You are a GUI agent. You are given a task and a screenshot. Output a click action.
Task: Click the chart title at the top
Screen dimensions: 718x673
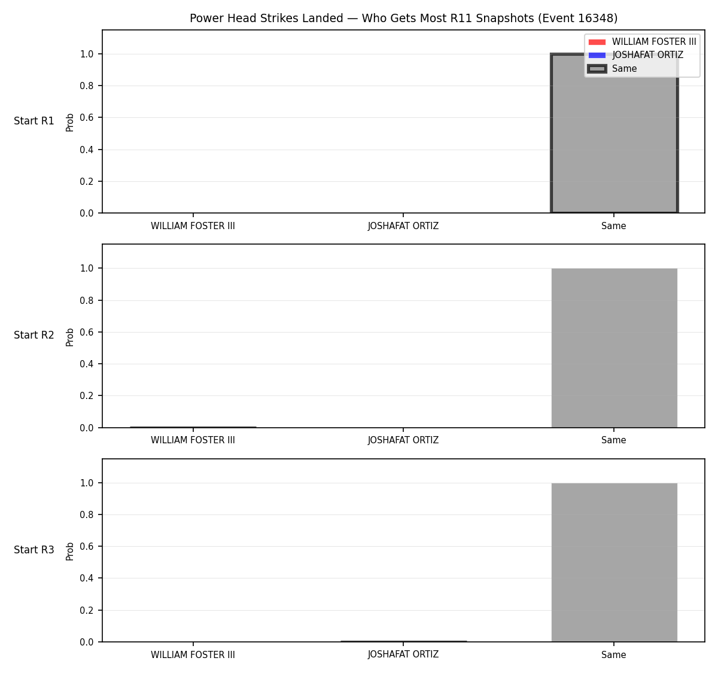coord(403,18)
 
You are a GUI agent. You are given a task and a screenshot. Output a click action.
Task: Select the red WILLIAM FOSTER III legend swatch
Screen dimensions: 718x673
coord(597,42)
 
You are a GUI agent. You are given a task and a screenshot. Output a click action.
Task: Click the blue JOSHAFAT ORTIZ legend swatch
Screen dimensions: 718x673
coord(597,55)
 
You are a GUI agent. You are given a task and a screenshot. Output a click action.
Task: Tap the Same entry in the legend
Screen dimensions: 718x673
coord(624,69)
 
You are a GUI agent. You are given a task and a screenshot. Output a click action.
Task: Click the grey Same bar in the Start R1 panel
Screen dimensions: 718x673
coord(614,133)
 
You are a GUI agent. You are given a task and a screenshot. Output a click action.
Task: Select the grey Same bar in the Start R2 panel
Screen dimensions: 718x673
coord(614,348)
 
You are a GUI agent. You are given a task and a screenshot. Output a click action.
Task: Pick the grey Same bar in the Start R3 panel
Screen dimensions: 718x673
coord(614,562)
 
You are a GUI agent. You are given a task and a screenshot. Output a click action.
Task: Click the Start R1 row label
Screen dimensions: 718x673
coord(34,121)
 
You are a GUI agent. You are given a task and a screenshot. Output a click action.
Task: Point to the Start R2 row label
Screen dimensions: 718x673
coord(34,335)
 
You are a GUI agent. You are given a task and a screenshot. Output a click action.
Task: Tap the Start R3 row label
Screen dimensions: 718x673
coord(34,550)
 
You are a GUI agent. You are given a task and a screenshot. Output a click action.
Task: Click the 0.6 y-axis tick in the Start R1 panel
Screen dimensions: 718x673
coord(86,117)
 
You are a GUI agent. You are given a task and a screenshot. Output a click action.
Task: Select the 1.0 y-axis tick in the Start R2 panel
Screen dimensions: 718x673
coord(86,269)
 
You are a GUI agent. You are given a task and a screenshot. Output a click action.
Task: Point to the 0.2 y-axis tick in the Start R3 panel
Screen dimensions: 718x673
coord(86,610)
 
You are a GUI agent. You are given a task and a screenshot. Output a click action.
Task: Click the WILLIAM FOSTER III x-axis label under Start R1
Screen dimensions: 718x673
coord(193,226)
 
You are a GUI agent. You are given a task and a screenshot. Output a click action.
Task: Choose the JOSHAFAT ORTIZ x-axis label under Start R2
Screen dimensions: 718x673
coord(403,440)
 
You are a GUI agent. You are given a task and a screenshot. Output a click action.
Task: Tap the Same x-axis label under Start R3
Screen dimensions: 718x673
coord(613,654)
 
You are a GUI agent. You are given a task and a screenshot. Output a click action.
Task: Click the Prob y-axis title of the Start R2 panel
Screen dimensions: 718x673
coord(70,337)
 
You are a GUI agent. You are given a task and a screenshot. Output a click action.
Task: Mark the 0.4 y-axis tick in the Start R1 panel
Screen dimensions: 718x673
coord(86,150)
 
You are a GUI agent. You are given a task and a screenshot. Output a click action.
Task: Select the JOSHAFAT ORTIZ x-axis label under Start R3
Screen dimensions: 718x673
coord(403,654)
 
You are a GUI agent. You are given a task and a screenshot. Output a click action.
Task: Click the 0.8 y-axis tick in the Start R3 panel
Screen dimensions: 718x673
coord(86,514)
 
